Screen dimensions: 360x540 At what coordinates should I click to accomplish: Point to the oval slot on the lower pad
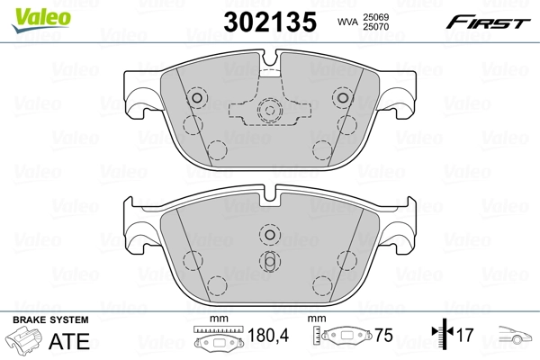click(268, 260)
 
